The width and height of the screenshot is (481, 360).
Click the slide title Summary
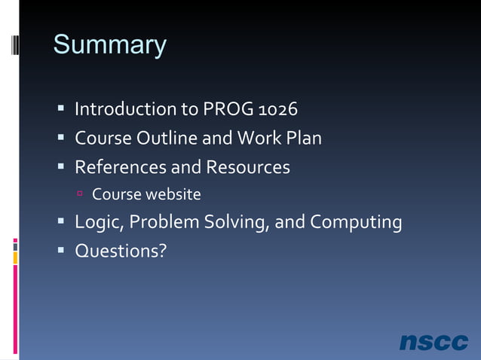pos(109,45)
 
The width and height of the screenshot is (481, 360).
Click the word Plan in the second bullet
pos(302,139)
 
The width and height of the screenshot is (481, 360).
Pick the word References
pos(124,166)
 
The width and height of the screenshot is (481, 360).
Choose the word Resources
pos(248,166)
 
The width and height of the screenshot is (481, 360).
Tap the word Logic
pos(96,223)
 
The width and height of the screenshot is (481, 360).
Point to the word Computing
pos(356,223)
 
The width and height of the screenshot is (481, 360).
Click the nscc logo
pos(434,341)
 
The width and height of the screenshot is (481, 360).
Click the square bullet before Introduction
pos(61,110)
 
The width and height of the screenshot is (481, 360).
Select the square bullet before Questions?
pos(61,250)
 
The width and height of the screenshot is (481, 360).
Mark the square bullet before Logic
pos(61,222)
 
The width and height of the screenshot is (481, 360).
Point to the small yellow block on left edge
pos(15,258)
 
